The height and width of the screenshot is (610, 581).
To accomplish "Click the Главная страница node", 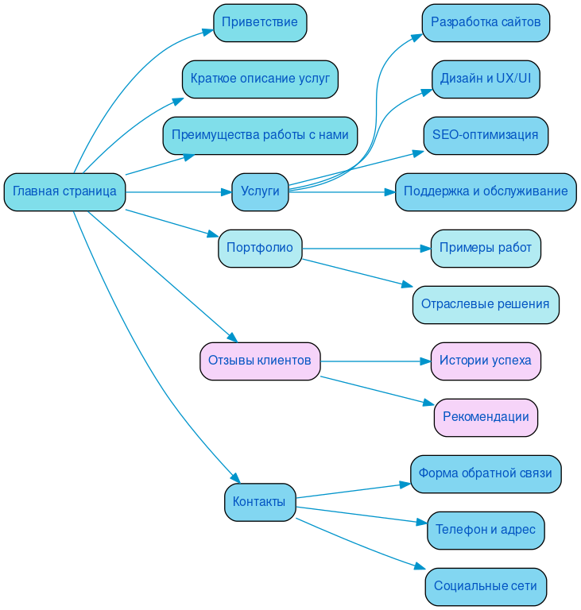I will pos(64,191).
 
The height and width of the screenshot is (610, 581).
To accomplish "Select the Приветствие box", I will pos(260,22).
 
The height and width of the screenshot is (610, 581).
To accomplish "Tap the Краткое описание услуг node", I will pos(260,79).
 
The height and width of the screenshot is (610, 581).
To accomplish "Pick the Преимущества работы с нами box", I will pos(260,135).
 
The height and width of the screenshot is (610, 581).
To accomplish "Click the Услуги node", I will pos(260,191).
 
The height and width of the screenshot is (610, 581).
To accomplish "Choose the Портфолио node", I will pos(260,248).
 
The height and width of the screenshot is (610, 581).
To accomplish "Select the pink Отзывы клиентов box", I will pos(260,361).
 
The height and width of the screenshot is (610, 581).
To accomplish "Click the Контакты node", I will pos(260,502).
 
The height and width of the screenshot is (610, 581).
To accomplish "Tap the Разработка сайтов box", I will pos(486,22).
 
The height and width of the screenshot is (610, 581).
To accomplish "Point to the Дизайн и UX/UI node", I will pos(486,79).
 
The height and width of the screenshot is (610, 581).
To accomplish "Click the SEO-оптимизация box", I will pos(486,135).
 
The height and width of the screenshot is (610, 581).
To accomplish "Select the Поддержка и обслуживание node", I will pos(486,191).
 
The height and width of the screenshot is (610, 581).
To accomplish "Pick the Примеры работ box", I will pos(486,248).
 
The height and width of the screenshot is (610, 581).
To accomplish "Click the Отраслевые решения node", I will pos(486,304).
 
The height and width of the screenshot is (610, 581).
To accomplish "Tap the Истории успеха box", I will pos(486,361).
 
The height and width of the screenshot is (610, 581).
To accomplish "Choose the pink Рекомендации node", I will pos(486,417).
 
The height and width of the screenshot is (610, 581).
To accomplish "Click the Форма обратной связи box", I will pos(486,473).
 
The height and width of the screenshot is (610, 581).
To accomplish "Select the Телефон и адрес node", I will pos(486,530).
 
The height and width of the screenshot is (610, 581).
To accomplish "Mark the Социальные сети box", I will pos(486,586).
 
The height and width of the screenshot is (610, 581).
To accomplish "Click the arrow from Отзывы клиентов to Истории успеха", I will pos(374,361).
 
